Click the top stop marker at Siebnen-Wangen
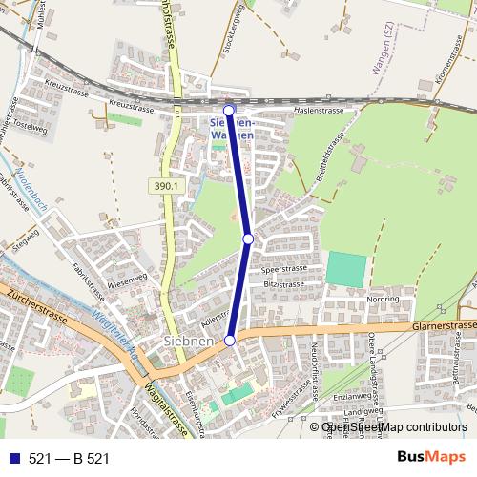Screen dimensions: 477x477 (229, 110)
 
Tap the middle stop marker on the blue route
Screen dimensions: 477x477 (248, 238)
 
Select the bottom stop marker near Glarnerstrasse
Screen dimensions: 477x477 (230, 340)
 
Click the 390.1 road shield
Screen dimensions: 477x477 (164, 187)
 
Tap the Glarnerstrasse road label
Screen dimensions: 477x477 (445, 325)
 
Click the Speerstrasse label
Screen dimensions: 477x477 (282, 270)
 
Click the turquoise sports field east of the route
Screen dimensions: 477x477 (345, 269)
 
